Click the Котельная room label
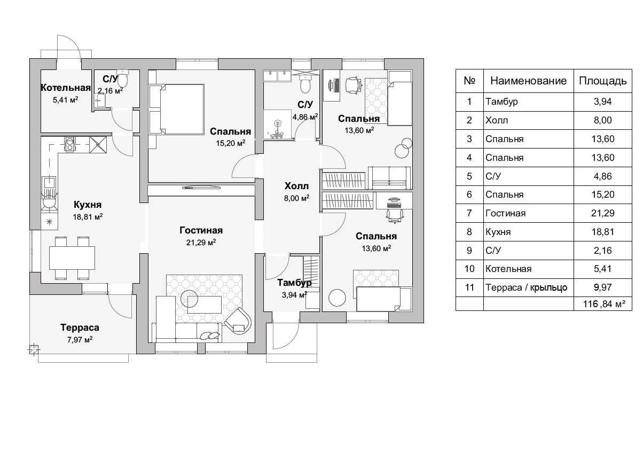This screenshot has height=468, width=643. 66,88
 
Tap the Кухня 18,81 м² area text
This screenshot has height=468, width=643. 88,217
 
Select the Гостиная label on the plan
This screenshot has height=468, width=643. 201,230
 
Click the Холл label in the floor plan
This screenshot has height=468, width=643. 296,186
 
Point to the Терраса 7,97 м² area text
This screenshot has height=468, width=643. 80,340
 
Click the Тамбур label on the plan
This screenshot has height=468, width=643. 294,283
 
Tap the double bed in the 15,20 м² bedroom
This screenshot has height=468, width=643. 176,109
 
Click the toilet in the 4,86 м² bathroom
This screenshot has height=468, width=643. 305,83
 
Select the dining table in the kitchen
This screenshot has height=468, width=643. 72,258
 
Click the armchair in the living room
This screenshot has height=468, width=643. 238,321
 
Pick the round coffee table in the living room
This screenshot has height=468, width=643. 189,298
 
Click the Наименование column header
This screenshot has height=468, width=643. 529,81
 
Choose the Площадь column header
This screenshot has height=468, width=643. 603,81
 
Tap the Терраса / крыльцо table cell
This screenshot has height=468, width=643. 526,287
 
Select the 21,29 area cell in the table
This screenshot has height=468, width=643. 603,213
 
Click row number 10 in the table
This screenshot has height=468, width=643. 469,269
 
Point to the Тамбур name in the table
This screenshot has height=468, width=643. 501,102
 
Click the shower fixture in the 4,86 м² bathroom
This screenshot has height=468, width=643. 277,128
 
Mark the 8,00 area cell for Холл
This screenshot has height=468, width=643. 603,120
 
